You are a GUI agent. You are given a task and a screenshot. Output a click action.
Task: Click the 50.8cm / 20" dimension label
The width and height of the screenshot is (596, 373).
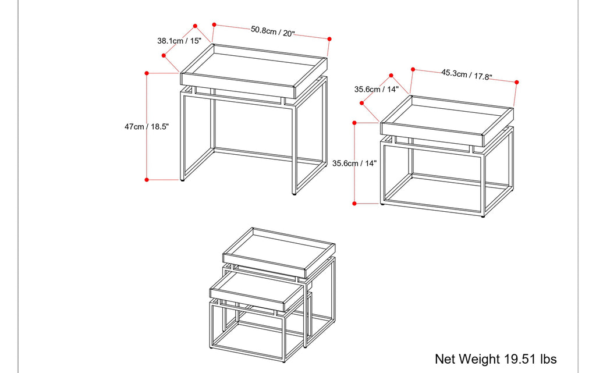(x=272, y=31)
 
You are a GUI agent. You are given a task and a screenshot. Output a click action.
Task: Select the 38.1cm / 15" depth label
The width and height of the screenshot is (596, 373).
(x=179, y=41)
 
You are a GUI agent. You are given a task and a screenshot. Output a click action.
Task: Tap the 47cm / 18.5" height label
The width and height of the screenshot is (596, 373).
(x=142, y=126)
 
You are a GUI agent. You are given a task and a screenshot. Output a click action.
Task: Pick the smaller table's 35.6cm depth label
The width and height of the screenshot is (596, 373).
(x=376, y=90)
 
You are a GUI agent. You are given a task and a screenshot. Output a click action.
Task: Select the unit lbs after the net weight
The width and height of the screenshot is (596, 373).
(x=548, y=358)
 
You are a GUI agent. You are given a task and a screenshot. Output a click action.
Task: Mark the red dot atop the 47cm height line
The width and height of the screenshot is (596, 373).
(x=147, y=73)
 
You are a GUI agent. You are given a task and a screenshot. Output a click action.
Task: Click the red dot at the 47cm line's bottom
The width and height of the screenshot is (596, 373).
(x=147, y=180)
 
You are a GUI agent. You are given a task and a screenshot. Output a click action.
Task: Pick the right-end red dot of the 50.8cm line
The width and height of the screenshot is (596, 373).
(x=329, y=39)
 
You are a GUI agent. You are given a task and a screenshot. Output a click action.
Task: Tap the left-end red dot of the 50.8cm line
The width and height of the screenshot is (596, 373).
(x=214, y=25)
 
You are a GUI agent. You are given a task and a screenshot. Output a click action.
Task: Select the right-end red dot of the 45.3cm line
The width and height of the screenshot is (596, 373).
(x=516, y=83)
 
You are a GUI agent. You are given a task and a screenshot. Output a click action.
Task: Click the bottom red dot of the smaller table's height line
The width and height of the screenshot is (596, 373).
(x=354, y=203)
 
